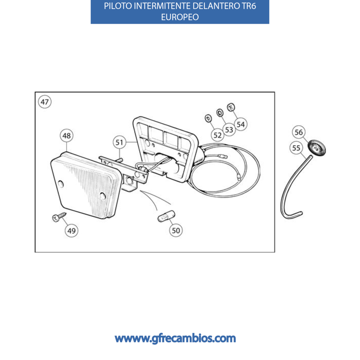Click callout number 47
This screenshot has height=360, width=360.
tap(45, 102)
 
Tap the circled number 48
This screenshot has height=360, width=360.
tap(66, 135)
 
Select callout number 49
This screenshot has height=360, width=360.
tap(71, 231)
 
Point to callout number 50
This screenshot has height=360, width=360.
tap(176, 230)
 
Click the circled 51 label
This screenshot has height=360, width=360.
tap(120, 142)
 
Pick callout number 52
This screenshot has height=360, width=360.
tap(217, 135)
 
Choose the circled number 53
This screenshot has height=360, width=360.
tap(229, 130)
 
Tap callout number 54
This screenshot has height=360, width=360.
tap(240, 124)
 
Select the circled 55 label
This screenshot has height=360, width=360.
tap(296, 148)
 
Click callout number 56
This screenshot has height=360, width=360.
tap(299, 132)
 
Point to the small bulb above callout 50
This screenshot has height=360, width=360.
tap(166, 216)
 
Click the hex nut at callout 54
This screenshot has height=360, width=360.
tap(231, 107)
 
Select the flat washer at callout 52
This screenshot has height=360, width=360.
tap(208, 118)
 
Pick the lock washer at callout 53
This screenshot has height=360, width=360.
tap(220, 112)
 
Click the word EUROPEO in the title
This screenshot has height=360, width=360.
tap(180, 17)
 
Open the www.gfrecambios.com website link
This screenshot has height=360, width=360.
tap(175, 339)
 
